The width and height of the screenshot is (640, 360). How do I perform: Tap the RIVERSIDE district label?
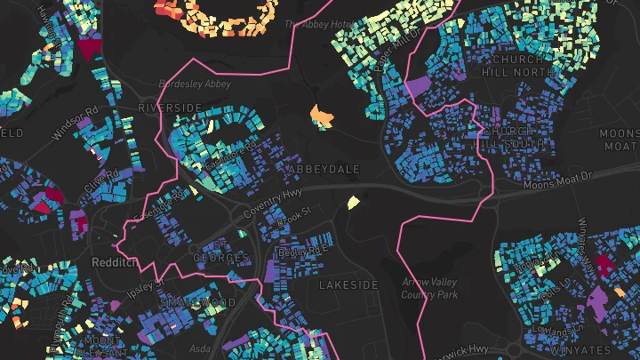[x=170, y=108]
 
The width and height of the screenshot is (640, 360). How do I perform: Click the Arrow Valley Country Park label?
[x=429, y=287]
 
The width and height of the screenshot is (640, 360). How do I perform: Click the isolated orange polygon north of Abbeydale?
[x=320, y=116]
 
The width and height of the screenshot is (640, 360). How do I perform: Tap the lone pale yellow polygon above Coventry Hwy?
[x=353, y=202]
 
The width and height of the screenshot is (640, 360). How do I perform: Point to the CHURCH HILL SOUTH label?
[x=514, y=138]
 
